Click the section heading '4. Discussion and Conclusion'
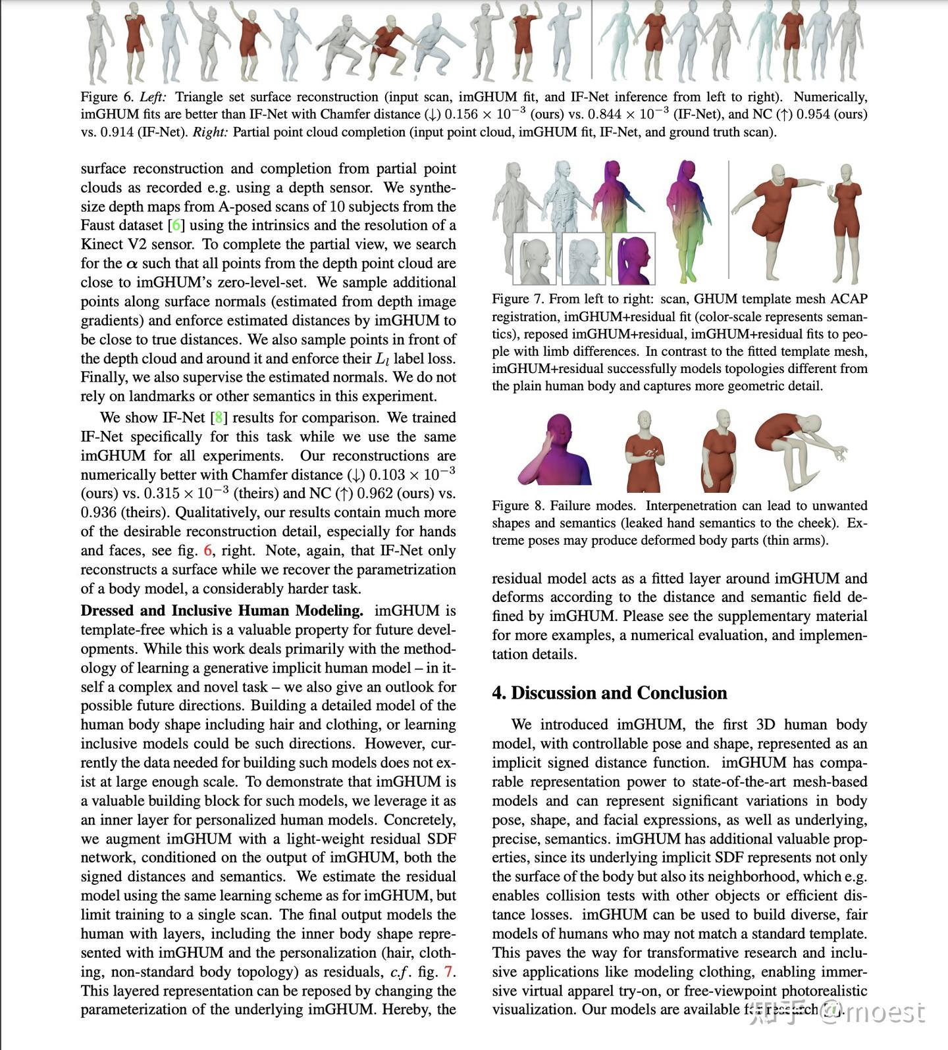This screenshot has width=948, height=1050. point(609,693)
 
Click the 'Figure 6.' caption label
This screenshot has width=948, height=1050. point(107,97)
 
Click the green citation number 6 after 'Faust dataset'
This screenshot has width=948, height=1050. point(176,225)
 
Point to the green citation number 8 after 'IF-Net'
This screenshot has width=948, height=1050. point(219,418)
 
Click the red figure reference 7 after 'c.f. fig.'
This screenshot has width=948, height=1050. point(448,972)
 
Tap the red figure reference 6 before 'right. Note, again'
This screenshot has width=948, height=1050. point(208,551)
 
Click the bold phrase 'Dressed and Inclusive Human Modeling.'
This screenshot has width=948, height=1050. point(222,611)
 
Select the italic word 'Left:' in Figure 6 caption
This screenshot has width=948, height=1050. point(153,97)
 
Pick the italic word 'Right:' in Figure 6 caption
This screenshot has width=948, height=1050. point(210,132)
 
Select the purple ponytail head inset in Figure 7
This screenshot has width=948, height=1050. point(633,259)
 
